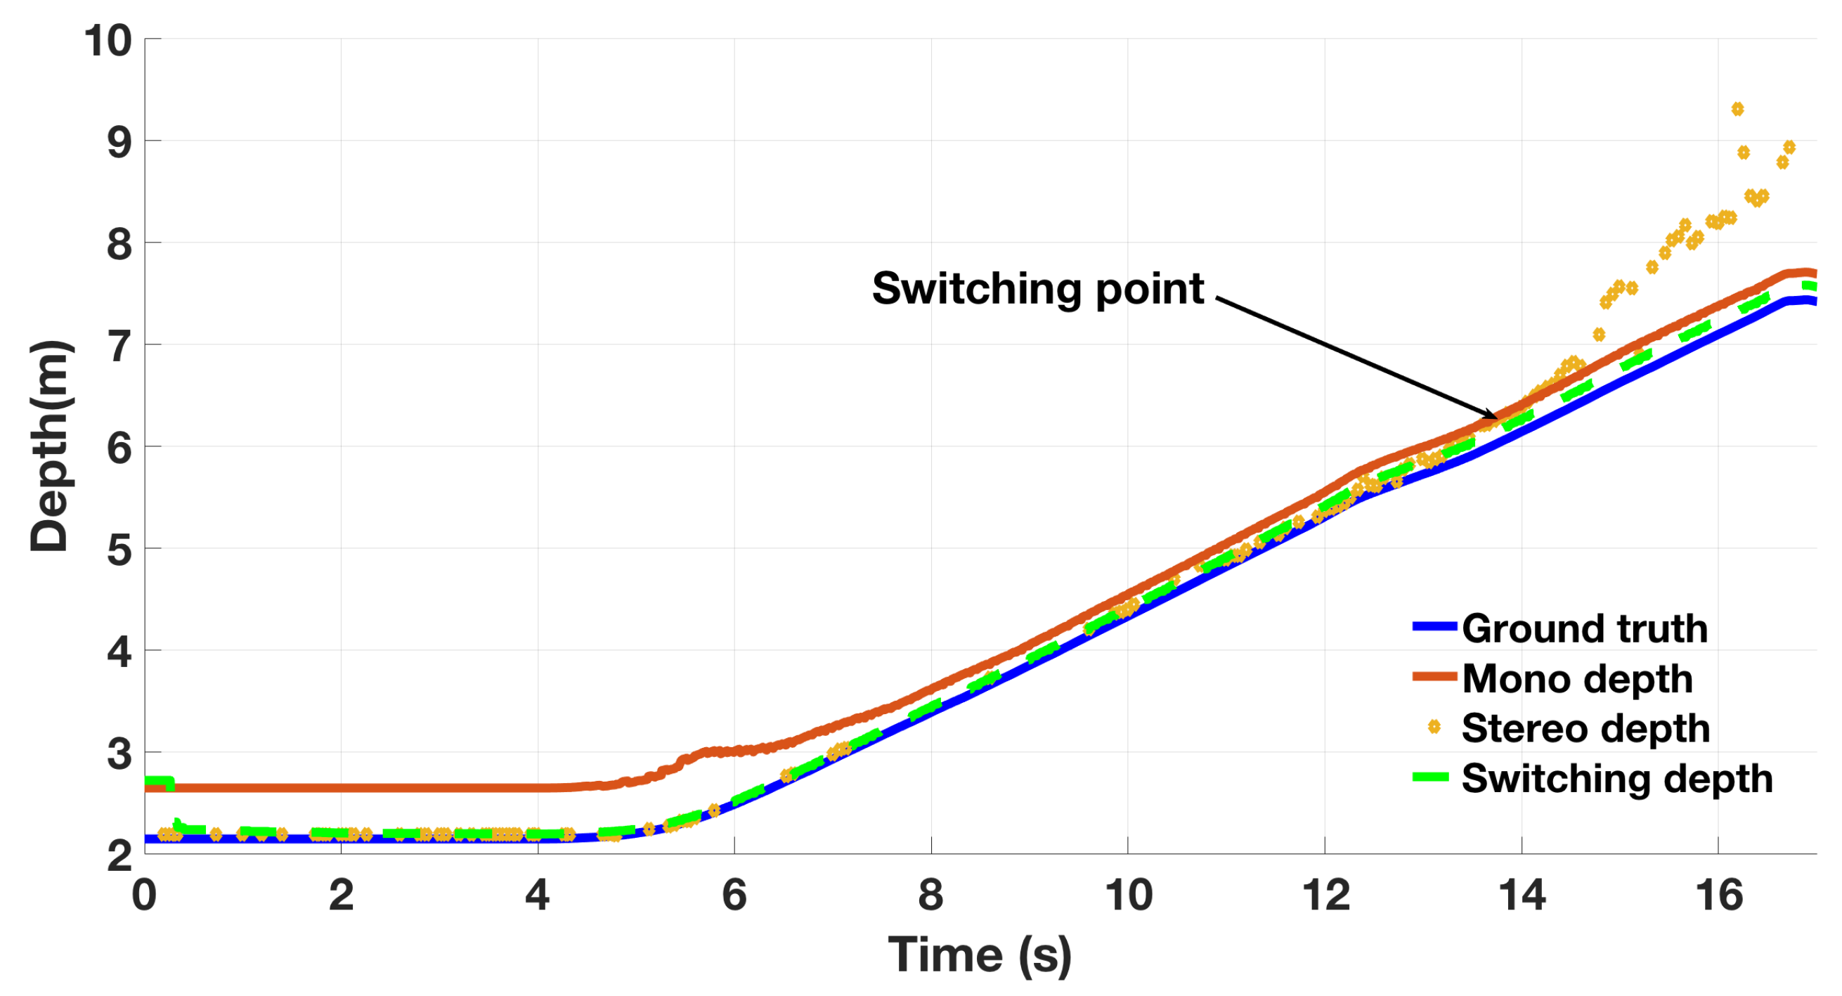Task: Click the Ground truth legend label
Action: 1584,628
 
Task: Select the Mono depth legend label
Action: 1577,678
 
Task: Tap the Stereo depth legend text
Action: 1585,729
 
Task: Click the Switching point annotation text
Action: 1037,289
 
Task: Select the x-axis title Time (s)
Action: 980,955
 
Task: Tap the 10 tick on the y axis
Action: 108,41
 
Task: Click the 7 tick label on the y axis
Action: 119,346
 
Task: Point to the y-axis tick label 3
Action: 119,754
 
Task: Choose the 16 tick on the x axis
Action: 1719,895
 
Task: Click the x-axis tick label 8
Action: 931,895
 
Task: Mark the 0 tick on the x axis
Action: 145,895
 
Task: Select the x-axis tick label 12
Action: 1325,895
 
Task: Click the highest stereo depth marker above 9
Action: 1737,109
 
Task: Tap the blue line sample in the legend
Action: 1434,627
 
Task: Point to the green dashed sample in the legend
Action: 1431,777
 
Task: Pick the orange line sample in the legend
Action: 1434,677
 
